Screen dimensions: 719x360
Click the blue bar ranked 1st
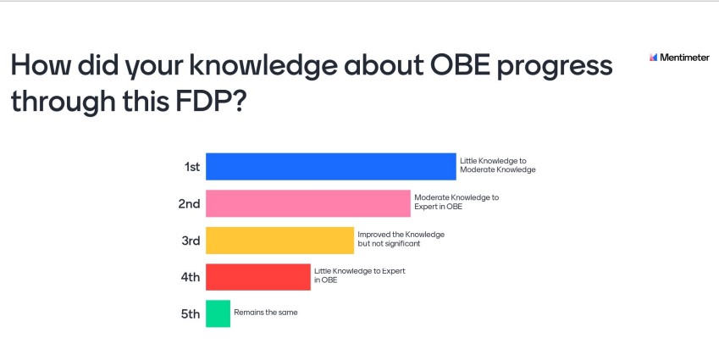coord(330,167)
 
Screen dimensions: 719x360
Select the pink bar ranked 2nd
coord(308,203)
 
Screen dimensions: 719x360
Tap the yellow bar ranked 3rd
coord(279,241)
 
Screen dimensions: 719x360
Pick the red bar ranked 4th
coord(258,277)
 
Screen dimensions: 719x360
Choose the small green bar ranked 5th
coord(218,313)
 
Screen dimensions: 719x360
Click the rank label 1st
coord(192,167)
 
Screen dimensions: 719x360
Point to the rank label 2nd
coord(189,203)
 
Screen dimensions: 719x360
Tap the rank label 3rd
coord(191,241)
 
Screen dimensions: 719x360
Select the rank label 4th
coord(191,277)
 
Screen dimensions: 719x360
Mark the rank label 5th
coord(191,314)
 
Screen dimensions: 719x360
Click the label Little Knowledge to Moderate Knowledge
coord(497,165)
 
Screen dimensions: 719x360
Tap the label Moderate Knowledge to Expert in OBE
coord(456,202)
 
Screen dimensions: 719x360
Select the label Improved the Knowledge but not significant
coord(401,239)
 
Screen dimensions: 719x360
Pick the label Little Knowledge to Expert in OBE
coord(359,275)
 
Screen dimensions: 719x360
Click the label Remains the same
coord(266,313)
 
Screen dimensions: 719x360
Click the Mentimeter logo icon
coord(654,58)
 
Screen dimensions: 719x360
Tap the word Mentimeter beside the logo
coord(684,58)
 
